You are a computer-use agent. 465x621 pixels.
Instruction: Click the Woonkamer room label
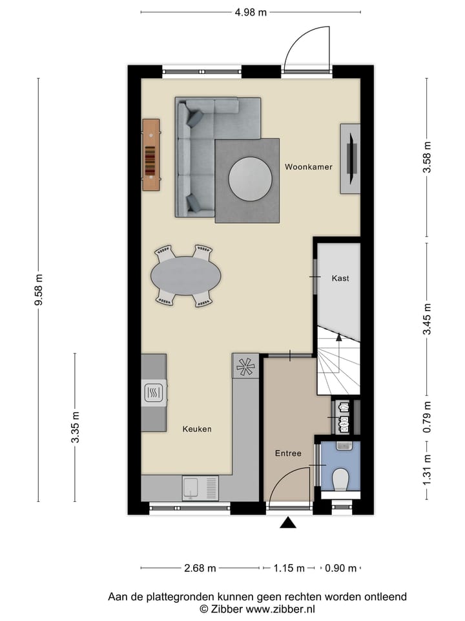(309, 167)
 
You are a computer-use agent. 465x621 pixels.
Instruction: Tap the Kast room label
(340, 278)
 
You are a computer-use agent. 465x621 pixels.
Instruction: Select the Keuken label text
(197, 429)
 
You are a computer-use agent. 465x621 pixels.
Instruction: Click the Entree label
(288, 453)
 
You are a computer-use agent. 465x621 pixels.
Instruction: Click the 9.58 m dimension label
(39, 289)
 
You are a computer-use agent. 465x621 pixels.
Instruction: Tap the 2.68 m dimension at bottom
(200, 569)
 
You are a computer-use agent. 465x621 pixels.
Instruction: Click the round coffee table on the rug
(251, 179)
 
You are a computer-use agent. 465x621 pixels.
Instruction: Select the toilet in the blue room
(340, 479)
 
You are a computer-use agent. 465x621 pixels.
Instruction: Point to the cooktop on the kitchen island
(154, 392)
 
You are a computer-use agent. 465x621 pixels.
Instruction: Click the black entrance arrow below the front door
(288, 523)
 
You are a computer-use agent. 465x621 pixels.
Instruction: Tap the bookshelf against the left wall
(151, 155)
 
